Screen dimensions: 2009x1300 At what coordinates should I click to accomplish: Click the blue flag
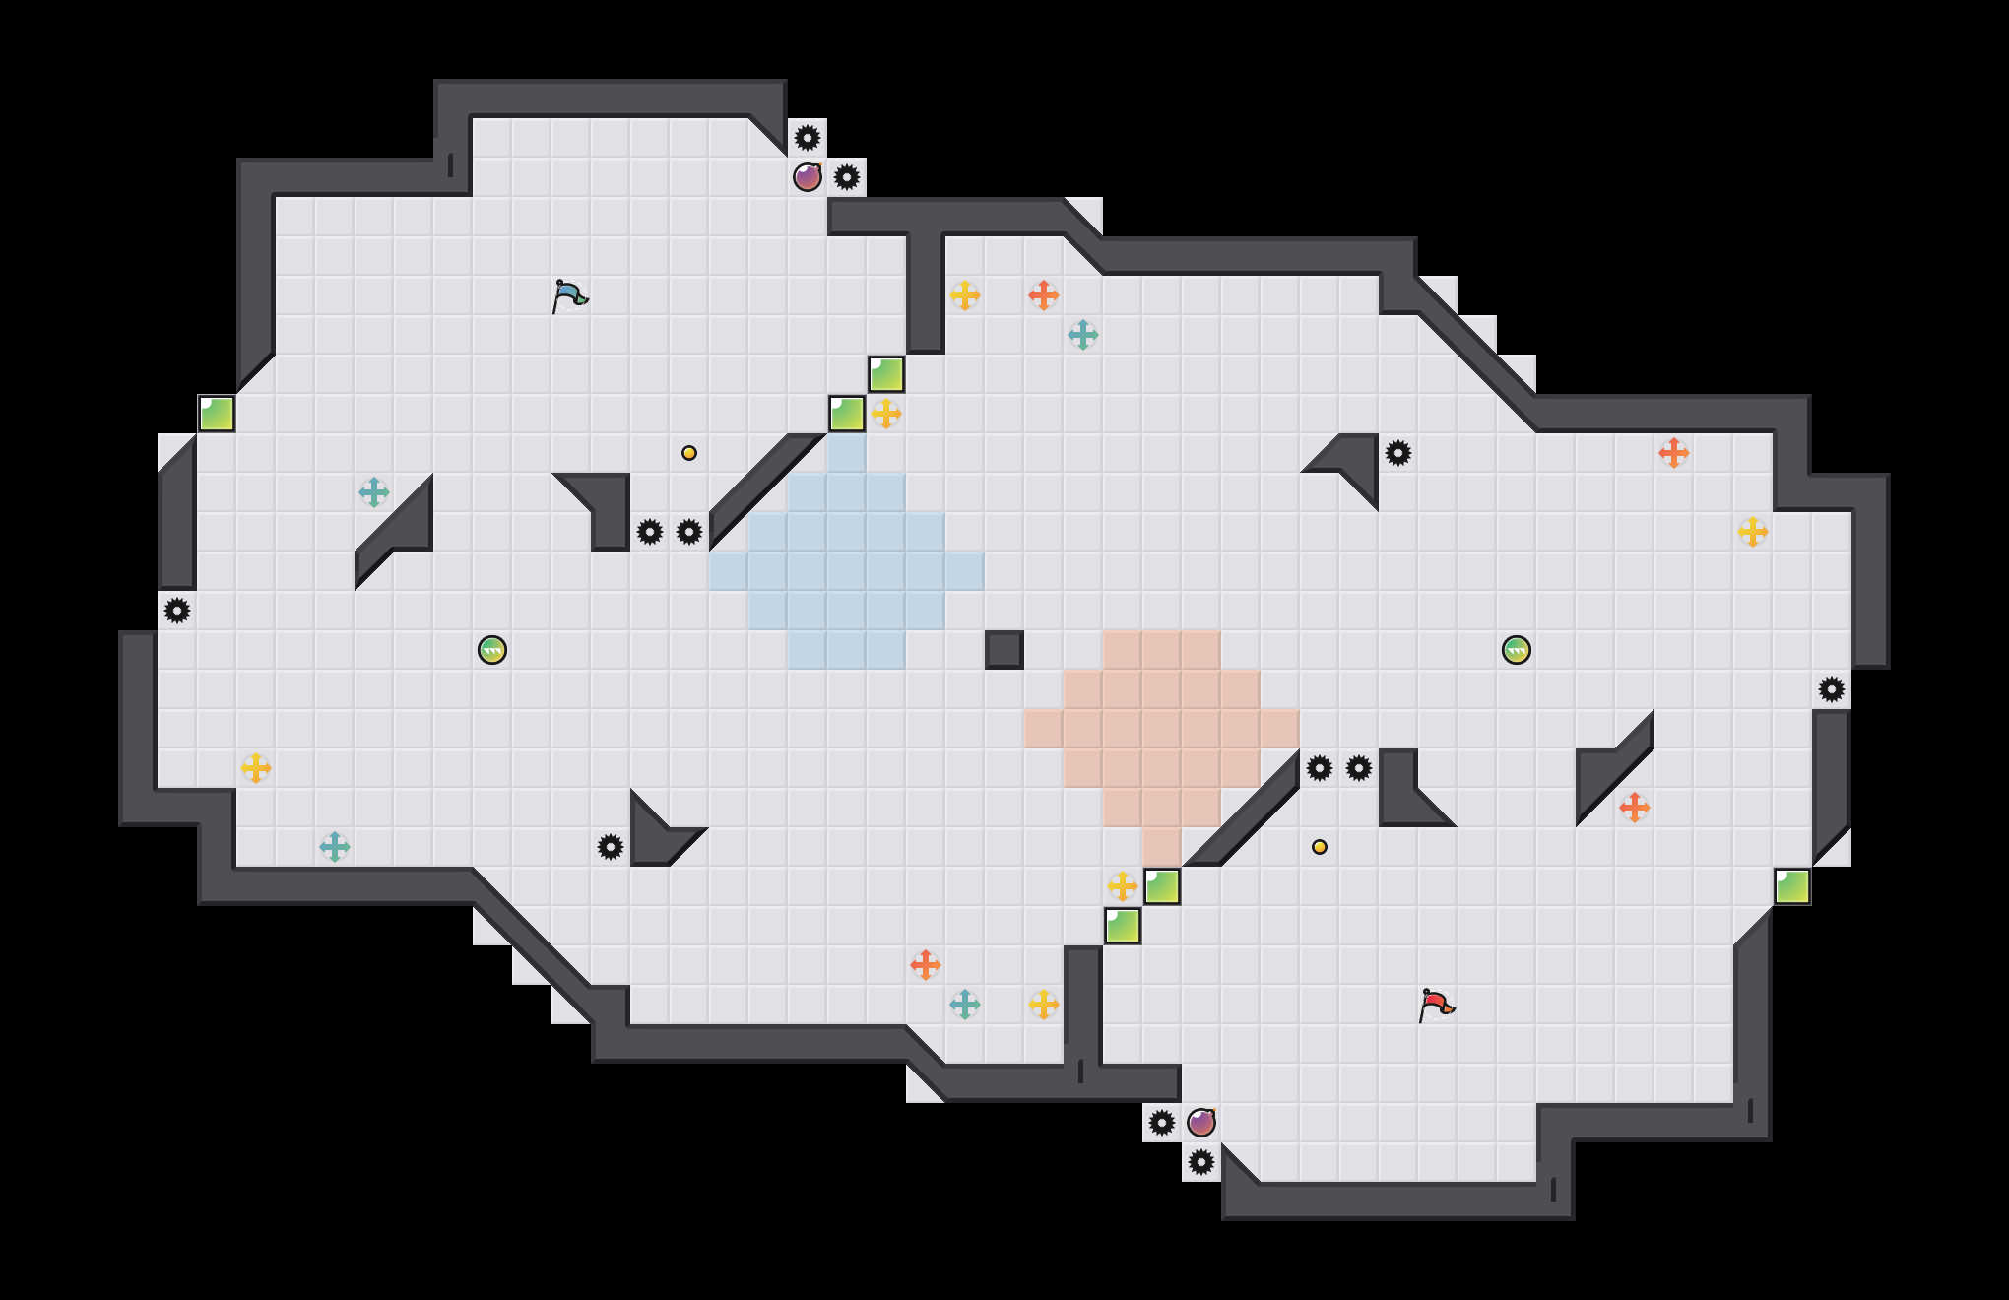(x=569, y=295)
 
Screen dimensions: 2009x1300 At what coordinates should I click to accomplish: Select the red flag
(x=1436, y=1005)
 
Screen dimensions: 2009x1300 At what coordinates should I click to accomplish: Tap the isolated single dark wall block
(x=1004, y=650)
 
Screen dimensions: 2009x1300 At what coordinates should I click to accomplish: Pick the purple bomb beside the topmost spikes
(x=808, y=177)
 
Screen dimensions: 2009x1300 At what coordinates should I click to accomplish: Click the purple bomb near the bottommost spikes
(x=1201, y=1123)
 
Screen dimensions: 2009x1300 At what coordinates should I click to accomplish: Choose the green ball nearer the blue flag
(x=492, y=650)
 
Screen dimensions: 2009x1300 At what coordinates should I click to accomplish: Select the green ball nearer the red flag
(x=1517, y=650)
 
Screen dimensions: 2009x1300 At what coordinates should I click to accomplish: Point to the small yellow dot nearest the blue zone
(x=689, y=453)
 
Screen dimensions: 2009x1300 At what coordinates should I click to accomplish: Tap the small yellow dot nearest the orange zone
(x=1320, y=847)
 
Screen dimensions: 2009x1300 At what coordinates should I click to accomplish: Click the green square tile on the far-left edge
(x=217, y=414)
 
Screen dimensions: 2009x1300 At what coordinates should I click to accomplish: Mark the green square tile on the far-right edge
(x=1792, y=886)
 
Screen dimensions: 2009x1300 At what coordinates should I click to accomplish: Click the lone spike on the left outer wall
(x=177, y=611)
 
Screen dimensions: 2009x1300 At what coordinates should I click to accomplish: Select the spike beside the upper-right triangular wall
(x=1398, y=453)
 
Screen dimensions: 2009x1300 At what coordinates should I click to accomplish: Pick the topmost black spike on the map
(x=808, y=138)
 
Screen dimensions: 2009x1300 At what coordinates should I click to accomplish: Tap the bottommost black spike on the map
(x=1201, y=1162)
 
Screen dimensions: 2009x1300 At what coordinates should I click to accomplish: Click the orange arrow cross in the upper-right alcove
(x=1674, y=453)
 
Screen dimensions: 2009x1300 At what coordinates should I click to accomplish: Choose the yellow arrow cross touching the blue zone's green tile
(x=886, y=414)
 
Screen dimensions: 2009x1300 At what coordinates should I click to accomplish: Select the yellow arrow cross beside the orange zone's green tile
(x=1123, y=886)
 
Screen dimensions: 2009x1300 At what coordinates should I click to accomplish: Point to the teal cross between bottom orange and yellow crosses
(x=965, y=1005)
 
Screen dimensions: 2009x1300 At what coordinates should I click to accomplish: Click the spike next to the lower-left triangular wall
(x=611, y=847)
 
